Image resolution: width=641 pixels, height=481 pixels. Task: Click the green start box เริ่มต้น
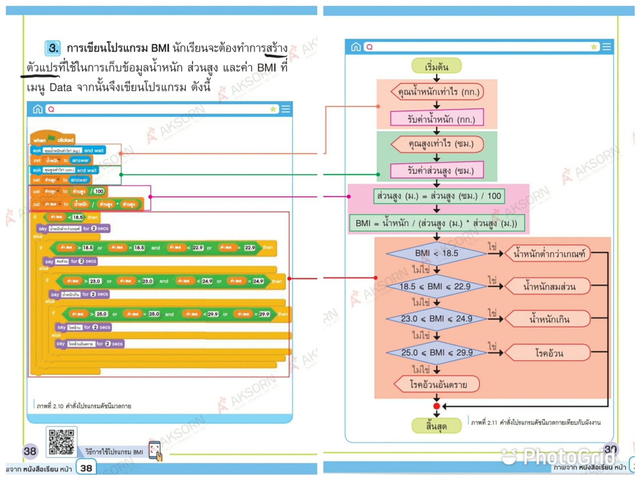point(436,66)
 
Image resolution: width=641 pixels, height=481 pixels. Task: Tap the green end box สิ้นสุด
point(436,426)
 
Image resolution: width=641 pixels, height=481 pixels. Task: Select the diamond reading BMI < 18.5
point(436,254)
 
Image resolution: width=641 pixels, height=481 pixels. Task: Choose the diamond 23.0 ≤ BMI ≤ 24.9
point(436,319)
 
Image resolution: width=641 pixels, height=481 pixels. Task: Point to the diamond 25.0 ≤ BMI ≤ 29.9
point(437,353)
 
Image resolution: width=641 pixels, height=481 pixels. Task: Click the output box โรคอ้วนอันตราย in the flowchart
point(438,384)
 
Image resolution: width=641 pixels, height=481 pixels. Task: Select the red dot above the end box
point(436,406)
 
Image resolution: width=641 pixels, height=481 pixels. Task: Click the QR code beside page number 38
point(61,442)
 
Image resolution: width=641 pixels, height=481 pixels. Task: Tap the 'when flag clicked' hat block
point(52,139)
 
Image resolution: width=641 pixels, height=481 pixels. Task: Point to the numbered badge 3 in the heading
point(53,48)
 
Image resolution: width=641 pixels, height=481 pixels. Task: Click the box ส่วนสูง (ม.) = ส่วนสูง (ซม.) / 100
point(439,196)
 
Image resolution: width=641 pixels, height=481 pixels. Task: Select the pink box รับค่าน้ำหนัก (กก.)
point(437,119)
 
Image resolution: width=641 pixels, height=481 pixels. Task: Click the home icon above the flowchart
point(356,47)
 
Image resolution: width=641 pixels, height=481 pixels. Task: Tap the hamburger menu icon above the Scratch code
point(285,109)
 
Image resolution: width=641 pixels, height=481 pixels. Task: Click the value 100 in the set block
point(99,191)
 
